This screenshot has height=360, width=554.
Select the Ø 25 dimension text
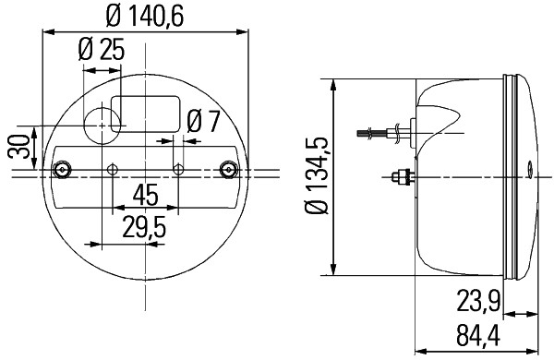[102, 51]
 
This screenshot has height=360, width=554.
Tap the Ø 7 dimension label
[202, 121]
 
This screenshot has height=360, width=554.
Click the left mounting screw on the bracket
[62, 170]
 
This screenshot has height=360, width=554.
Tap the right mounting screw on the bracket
[230, 170]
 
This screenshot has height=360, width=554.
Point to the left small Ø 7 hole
[113, 170]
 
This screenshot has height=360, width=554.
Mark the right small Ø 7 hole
[180, 170]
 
